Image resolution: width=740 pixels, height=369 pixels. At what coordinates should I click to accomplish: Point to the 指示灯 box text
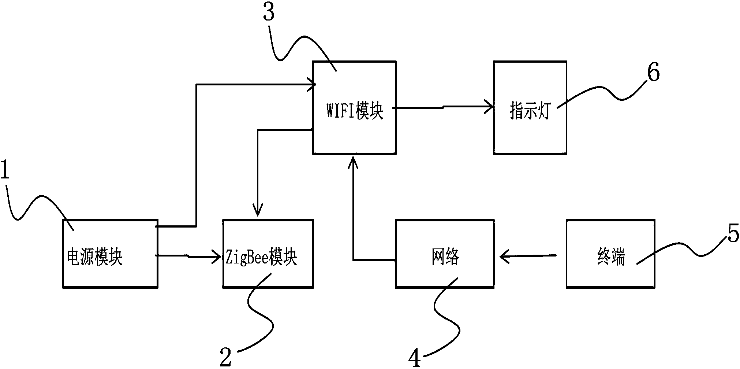(530, 111)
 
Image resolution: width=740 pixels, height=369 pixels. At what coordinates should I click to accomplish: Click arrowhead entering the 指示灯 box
(489, 107)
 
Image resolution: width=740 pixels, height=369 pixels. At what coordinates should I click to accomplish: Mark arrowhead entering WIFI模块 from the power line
(312, 85)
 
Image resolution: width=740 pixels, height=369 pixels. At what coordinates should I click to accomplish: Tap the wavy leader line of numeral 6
(604, 92)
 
